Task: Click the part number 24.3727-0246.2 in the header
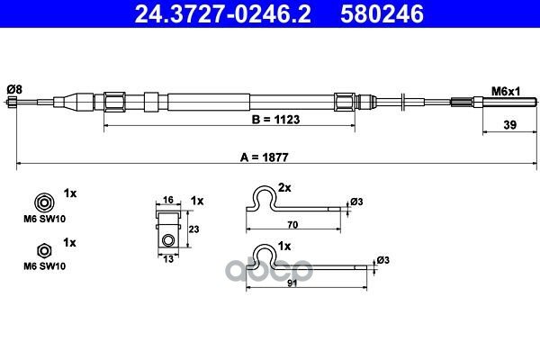point(222,14)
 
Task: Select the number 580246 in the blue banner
point(382,14)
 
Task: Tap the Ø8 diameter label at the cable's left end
point(14,90)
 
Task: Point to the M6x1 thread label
point(506,92)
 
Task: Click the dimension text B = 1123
point(276,120)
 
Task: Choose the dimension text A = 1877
point(264,157)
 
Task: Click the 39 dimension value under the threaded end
point(510,125)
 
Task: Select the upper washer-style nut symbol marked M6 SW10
point(44,202)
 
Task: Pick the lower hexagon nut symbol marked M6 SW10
point(44,251)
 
